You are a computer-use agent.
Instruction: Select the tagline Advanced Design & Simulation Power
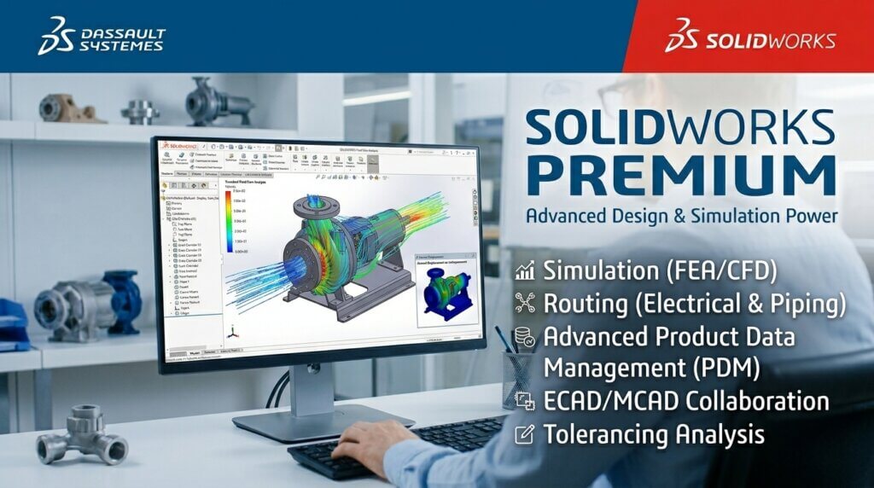[x=681, y=215]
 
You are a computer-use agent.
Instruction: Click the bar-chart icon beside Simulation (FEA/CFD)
[x=526, y=272]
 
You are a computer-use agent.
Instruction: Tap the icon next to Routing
[x=526, y=304]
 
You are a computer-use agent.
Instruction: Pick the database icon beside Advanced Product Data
[x=526, y=336]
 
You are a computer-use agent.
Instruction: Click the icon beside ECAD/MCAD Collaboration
[x=526, y=401]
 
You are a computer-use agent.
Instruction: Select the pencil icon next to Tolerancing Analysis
[x=526, y=434]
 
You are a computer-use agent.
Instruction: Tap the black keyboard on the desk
[x=401, y=448]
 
